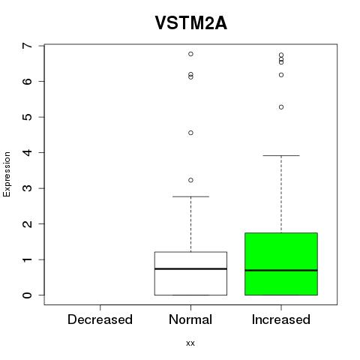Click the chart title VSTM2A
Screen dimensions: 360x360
pos(191,23)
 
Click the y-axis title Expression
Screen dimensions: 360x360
pos(7,174)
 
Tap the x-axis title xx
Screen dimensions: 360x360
pos(190,343)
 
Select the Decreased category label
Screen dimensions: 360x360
pos(100,319)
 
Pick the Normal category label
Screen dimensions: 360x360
pos(190,319)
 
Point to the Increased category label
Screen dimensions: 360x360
pos(281,319)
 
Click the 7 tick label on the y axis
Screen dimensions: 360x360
pos(28,46)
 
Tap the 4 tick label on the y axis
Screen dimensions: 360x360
pos(28,152)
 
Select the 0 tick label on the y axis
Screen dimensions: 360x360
pos(28,295)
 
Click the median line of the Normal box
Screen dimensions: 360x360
pos(190,269)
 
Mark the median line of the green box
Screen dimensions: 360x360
pos(281,270)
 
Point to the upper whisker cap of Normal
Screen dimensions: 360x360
pos(190,196)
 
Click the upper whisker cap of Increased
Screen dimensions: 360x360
pos(281,155)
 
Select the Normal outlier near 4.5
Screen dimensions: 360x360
pos(190,133)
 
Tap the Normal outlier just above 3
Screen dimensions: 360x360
pos(190,180)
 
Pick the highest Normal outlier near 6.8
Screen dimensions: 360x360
pos(190,54)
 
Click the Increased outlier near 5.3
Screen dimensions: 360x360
pos(281,107)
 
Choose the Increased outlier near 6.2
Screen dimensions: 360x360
pos(281,75)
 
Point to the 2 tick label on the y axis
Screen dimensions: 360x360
pos(28,224)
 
